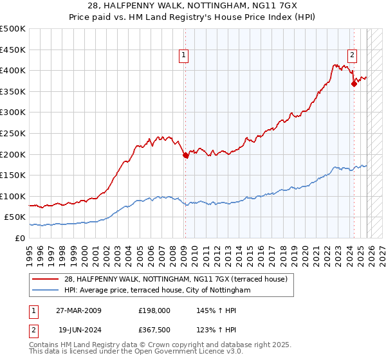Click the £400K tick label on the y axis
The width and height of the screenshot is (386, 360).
click(x=13, y=71)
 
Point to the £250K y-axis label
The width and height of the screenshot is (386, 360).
click(x=13, y=133)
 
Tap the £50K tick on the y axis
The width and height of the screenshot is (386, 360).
click(x=15, y=217)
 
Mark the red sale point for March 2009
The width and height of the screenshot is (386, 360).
click(x=185, y=155)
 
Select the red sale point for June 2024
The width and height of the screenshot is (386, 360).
click(x=354, y=84)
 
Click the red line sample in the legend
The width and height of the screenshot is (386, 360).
click(x=46, y=279)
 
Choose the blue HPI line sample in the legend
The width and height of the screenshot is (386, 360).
click(x=46, y=290)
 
